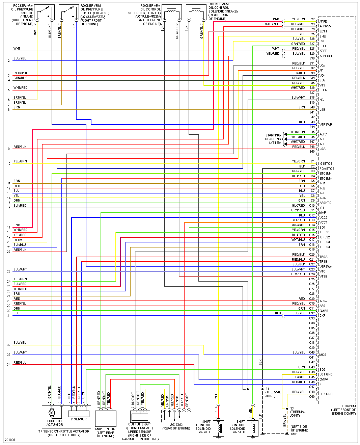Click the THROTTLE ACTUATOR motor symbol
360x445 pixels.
coord(52,413)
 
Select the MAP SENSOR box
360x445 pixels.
coord(106,419)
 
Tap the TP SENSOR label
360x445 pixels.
coord(78,419)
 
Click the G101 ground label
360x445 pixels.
coord(294,434)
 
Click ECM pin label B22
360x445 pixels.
coord(312,19)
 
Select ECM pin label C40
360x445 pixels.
coord(312,352)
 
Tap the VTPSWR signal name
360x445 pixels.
coord(326,125)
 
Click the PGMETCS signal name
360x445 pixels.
coord(327,168)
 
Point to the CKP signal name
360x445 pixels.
coord(323,316)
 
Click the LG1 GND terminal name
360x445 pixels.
coord(326,374)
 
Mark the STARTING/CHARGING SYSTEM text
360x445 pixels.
coord(273,139)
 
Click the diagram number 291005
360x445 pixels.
coord(9,440)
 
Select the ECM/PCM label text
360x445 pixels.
coord(349,406)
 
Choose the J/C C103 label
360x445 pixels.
coord(176,424)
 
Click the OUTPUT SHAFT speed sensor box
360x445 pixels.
coord(140,416)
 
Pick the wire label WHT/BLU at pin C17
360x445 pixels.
coord(298,240)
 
